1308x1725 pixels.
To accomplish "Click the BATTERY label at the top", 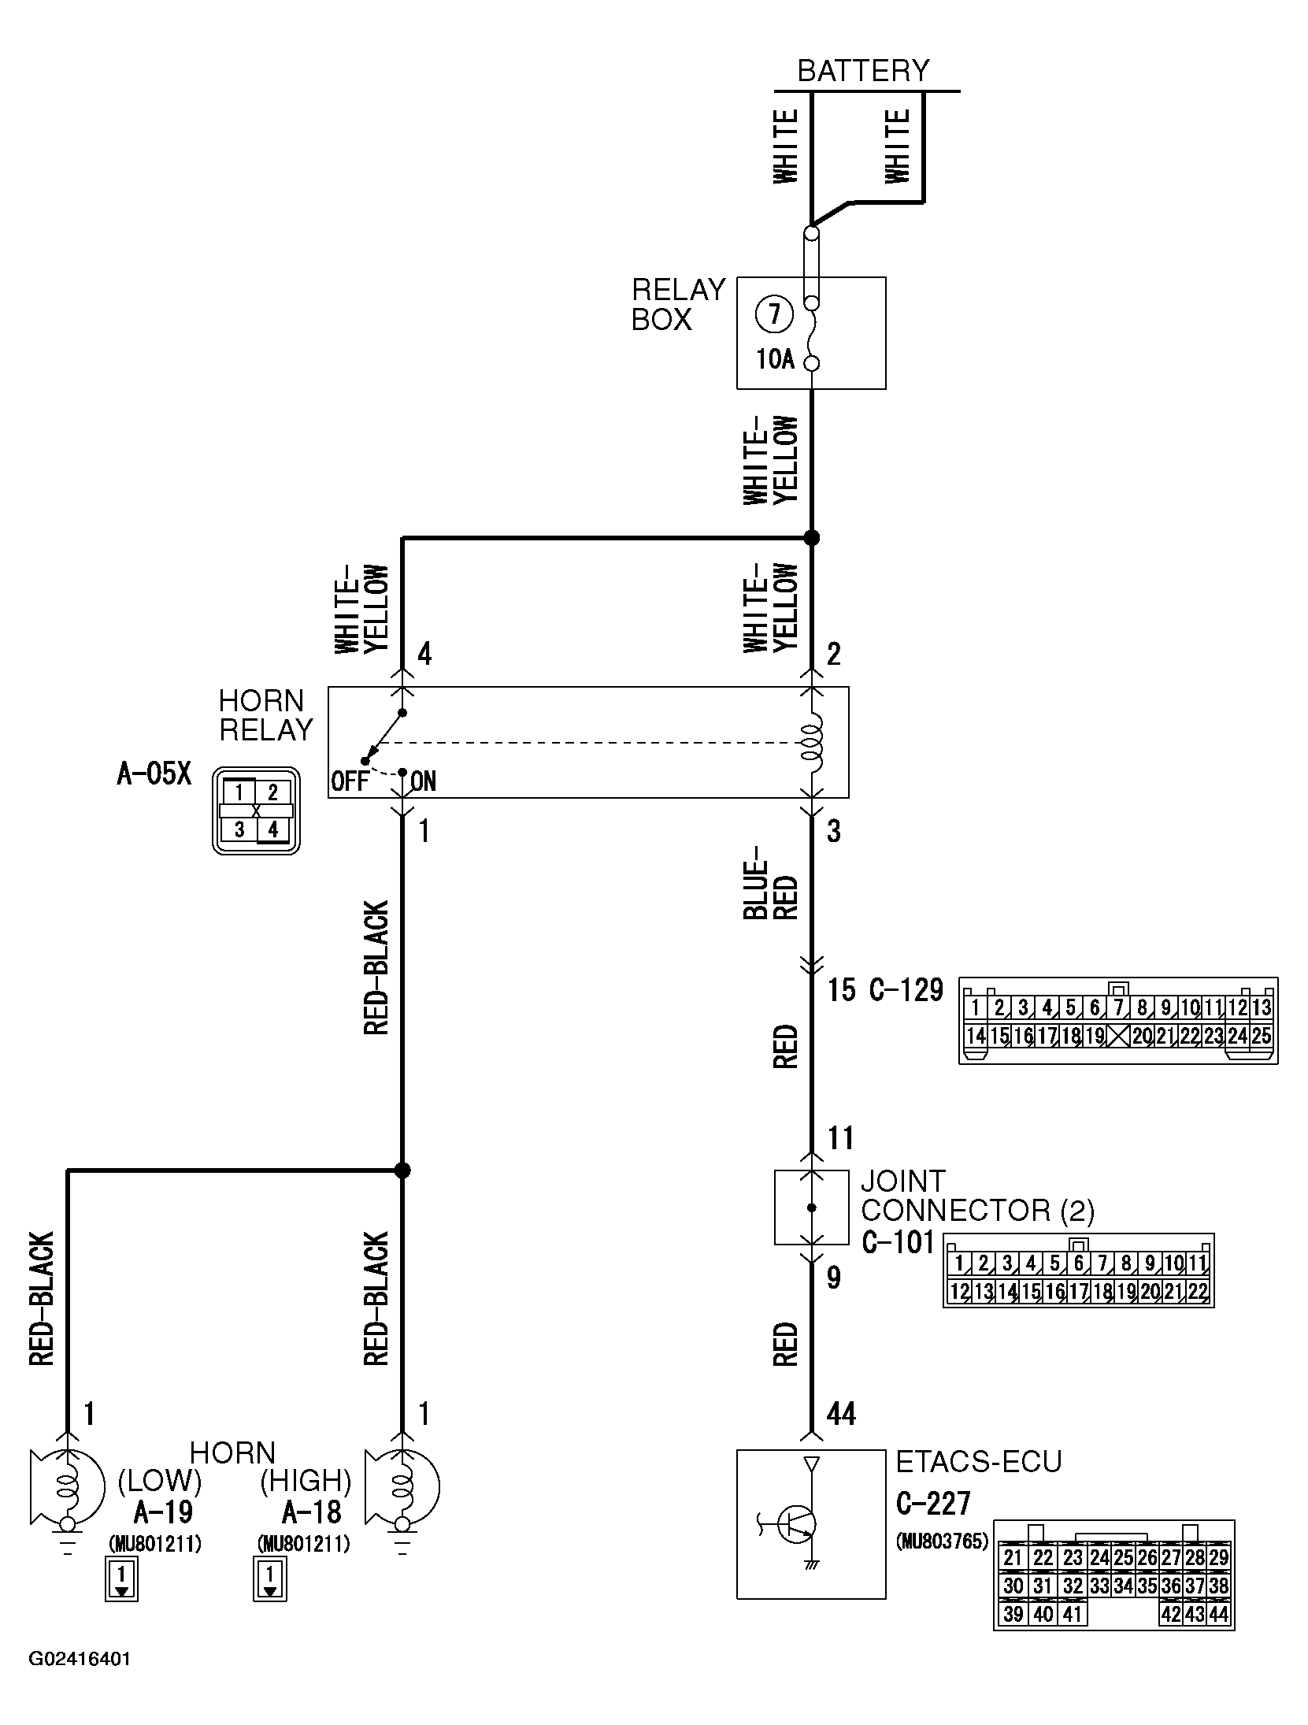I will (x=863, y=71).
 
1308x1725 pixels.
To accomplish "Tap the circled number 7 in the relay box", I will (x=774, y=315).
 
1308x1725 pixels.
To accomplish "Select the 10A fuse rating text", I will (x=776, y=360).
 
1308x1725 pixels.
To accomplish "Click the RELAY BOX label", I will (x=677, y=305).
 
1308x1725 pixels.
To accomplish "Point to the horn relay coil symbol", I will (x=811, y=742).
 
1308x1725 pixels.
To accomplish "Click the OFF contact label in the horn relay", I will (x=350, y=781).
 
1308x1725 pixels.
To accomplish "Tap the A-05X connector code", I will (x=154, y=773).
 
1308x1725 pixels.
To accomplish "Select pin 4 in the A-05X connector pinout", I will (x=272, y=829).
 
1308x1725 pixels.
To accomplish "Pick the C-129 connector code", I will (x=906, y=989).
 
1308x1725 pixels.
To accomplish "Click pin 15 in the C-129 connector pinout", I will (x=999, y=1036).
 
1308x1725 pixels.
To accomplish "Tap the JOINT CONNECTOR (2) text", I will (x=976, y=1195).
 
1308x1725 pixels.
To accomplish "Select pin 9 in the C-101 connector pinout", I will (x=1149, y=1263).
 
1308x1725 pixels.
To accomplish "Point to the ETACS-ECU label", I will (x=978, y=1461).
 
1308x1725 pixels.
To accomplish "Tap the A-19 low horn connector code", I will (x=163, y=1512).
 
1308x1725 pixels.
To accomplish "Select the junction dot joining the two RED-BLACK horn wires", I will (x=402, y=1170).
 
